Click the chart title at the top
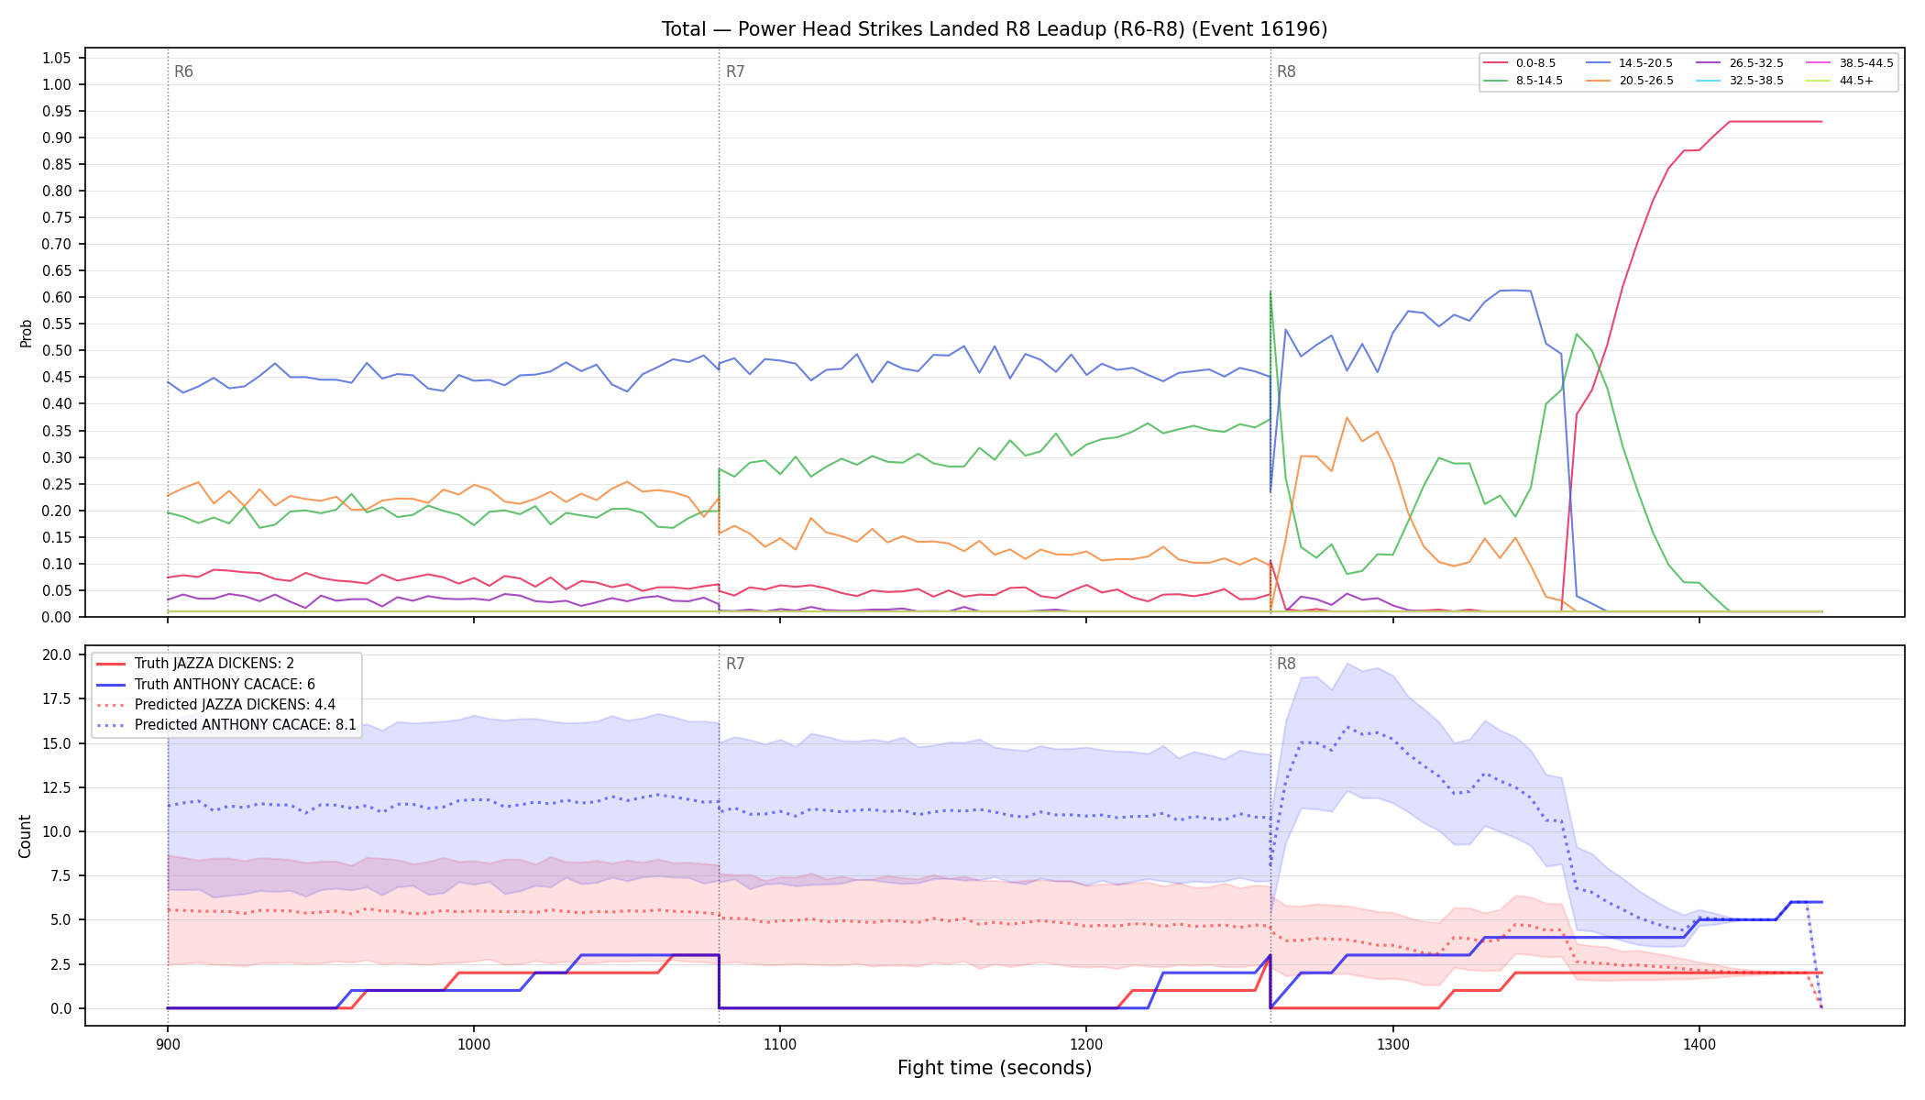(x=995, y=29)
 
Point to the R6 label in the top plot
(x=183, y=71)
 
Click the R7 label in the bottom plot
(x=735, y=664)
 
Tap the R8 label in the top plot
(x=1286, y=71)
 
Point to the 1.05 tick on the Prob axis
(x=56, y=58)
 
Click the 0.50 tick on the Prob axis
(x=56, y=350)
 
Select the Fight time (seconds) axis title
(x=995, y=1068)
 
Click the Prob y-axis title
(x=26, y=333)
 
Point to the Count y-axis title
(x=25, y=836)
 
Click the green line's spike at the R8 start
(x=1270, y=292)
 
